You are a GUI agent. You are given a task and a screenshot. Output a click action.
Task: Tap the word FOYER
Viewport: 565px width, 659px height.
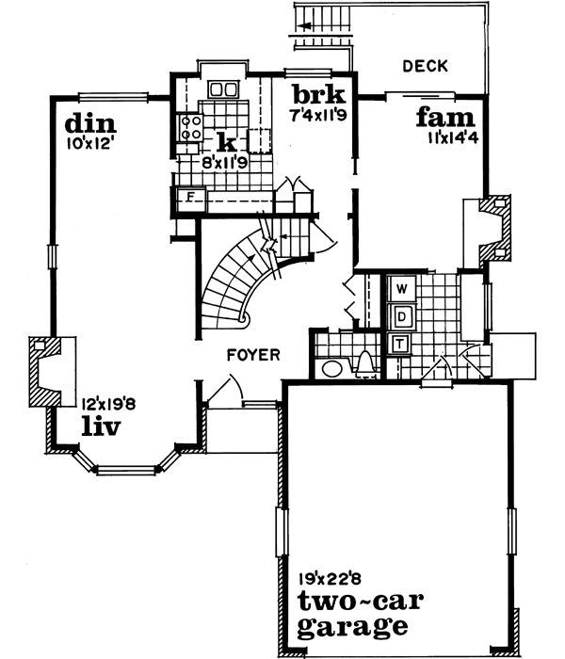tap(251, 355)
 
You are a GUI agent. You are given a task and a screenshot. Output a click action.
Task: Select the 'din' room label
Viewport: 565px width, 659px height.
tap(90, 125)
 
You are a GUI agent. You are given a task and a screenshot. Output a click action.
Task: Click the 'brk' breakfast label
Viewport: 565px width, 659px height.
tap(318, 97)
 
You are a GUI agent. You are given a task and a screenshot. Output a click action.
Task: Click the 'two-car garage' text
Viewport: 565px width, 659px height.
tap(353, 613)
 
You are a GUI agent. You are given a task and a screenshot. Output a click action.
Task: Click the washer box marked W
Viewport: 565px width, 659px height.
tap(400, 286)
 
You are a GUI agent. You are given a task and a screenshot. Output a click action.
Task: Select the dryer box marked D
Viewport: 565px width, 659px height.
tap(400, 314)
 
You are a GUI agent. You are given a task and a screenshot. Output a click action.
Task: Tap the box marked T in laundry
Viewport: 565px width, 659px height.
tap(400, 343)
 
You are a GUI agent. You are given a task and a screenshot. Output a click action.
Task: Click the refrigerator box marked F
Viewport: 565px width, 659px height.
tap(188, 198)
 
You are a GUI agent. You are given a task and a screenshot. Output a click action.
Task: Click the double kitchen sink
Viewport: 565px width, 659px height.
tap(223, 90)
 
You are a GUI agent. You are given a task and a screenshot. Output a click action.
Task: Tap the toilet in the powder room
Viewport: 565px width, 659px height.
tap(365, 362)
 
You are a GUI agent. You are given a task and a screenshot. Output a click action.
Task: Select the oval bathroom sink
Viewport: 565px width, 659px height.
tap(331, 367)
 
